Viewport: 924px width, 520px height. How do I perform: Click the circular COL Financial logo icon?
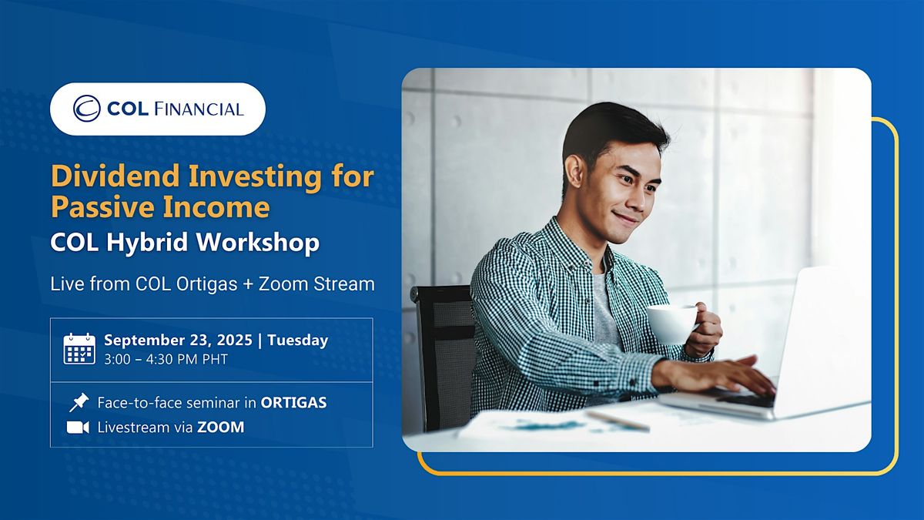click(86, 109)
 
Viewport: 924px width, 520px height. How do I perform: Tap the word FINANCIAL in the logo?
click(199, 109)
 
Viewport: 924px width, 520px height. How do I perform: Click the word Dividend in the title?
click(115, 176)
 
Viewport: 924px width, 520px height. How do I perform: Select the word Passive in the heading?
click(103, 206)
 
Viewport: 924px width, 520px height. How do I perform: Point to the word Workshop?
click(257, 242)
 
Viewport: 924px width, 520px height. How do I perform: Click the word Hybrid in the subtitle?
click(147, 243)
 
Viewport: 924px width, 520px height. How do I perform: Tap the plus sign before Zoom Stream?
click(247, 284)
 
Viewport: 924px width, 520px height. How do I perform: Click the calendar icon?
click(79, 349)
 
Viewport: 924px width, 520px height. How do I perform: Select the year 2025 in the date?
click(234, 340)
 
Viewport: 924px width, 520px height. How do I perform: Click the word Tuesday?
click(298, 341)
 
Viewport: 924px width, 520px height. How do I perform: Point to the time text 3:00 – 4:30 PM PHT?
click(166, 360)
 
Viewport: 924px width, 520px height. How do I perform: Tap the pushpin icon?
click(79, 402)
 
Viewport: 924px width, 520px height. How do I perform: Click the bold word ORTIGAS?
click(293, 403)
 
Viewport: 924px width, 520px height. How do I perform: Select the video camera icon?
click(78, 428)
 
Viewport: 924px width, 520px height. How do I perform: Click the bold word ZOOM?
click(221, 428)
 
